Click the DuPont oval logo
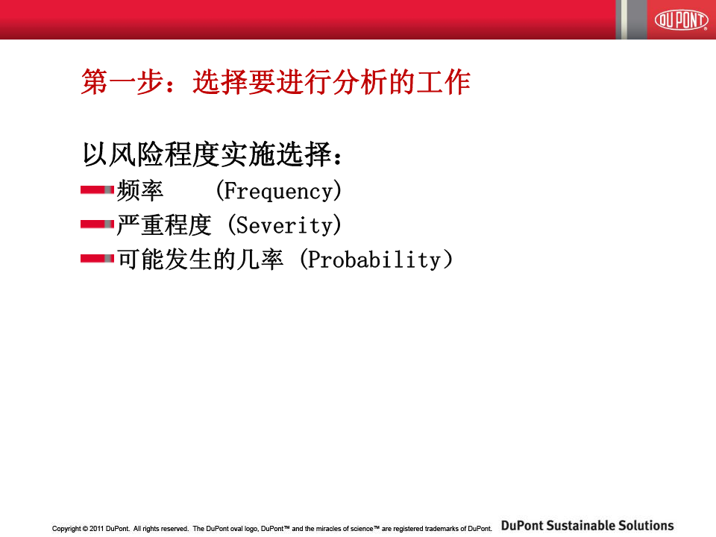point(681,19)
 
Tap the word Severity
point(284,225)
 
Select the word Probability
point(374,260)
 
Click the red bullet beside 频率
point(97,190)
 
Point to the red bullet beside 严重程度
point(97,224)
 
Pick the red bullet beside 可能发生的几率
point(97,259)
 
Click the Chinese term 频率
point(140,190)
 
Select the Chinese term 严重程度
point(164,224)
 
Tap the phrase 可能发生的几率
point(200,260)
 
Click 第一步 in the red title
point(122,82)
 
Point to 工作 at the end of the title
point(443,82)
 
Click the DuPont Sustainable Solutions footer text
point(587,526)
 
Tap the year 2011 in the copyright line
point(97,529)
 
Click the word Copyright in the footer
point(66,529)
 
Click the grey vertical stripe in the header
point(636,19)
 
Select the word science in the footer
point(362,529)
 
